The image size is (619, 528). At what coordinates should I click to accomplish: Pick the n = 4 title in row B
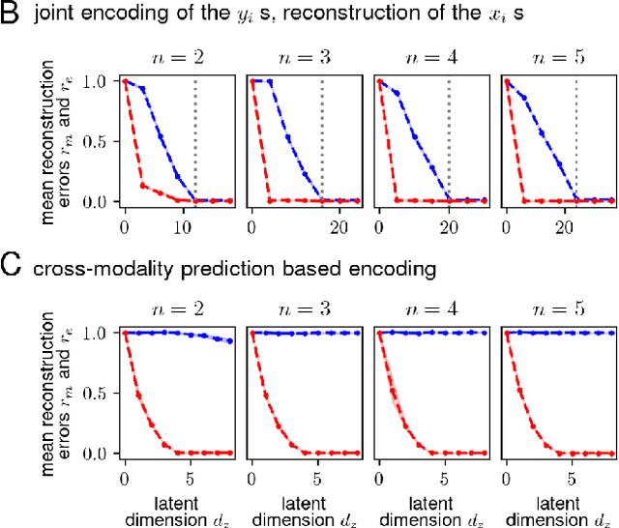[425, 56]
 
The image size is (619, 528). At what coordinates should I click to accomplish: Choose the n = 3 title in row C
[296, 308]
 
